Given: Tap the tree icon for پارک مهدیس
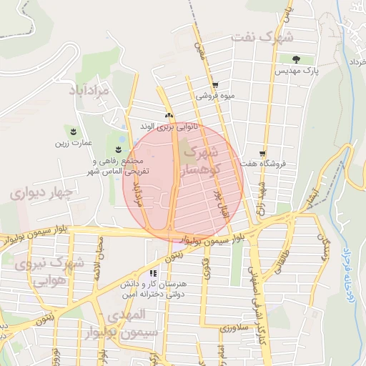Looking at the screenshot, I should click(295, 59).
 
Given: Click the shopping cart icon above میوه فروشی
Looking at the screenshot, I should click(215, 85).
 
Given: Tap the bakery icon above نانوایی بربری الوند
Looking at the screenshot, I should click(169, 116).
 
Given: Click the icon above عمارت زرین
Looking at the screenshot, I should click(74, 131).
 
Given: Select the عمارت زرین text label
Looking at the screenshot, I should click(74, 142).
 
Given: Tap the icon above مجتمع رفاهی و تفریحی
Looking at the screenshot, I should click(118, 149).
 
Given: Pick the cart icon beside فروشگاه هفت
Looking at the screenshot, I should click(263, 154).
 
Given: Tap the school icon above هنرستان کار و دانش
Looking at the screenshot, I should click(153, 274).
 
